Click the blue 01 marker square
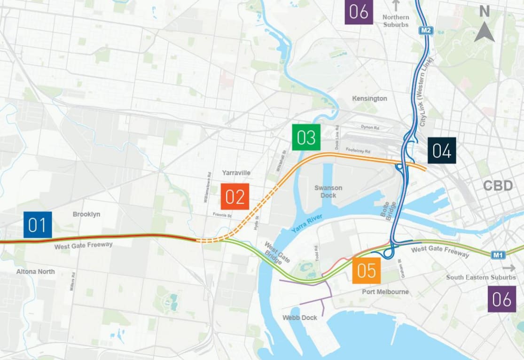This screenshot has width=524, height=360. coord(38,225)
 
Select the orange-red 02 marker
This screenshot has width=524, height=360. coord(235,197)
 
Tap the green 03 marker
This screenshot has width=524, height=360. coord(306,137)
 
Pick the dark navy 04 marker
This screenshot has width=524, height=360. coord(442,151)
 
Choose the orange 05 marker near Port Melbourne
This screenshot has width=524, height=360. coord(367,270)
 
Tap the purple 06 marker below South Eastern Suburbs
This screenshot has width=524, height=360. coord(501,299)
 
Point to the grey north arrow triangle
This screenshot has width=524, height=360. coord(484,33)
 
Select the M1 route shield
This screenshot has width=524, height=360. coord(498,255)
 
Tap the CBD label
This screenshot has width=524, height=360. coord(498,186)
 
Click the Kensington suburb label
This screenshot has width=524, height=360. coord(370,98)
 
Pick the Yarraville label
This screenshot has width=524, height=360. coord(236,173)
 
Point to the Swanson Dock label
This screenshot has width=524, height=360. coord(328,191)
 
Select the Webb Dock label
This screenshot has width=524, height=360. coord(299,318)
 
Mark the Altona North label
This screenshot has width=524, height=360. coord(35,272)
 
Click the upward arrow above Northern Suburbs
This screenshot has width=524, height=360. coord(396,6)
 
